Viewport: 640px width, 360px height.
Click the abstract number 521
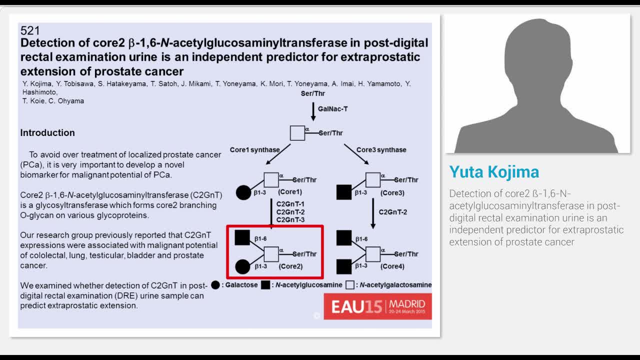coord(30,30)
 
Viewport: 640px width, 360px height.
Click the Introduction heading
coord(47,133)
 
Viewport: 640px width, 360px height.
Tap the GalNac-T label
coord(333,109)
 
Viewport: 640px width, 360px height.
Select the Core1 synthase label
coord(255,149)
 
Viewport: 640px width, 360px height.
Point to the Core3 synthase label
coord(381,149)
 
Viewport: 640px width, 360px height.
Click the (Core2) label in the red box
coord(290,266)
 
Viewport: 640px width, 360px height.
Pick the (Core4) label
coord(392,266)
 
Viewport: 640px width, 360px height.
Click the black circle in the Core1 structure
coord(243,192)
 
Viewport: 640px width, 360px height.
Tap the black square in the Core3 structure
coord(344,192)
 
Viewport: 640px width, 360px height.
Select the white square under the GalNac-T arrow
coord(297,133)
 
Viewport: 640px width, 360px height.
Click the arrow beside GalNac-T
coord(313,111)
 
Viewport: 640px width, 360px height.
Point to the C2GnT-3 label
coord(290,219)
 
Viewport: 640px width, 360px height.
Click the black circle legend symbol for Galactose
coord(215,285)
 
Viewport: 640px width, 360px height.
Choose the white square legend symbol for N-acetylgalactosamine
coord(350,285)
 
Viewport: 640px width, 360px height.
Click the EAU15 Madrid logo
coord(377,306)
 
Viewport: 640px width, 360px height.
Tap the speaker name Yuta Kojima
coord(494,172)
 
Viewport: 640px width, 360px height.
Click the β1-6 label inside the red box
coord(260,238)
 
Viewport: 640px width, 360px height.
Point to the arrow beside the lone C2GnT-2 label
coord(373,213)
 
